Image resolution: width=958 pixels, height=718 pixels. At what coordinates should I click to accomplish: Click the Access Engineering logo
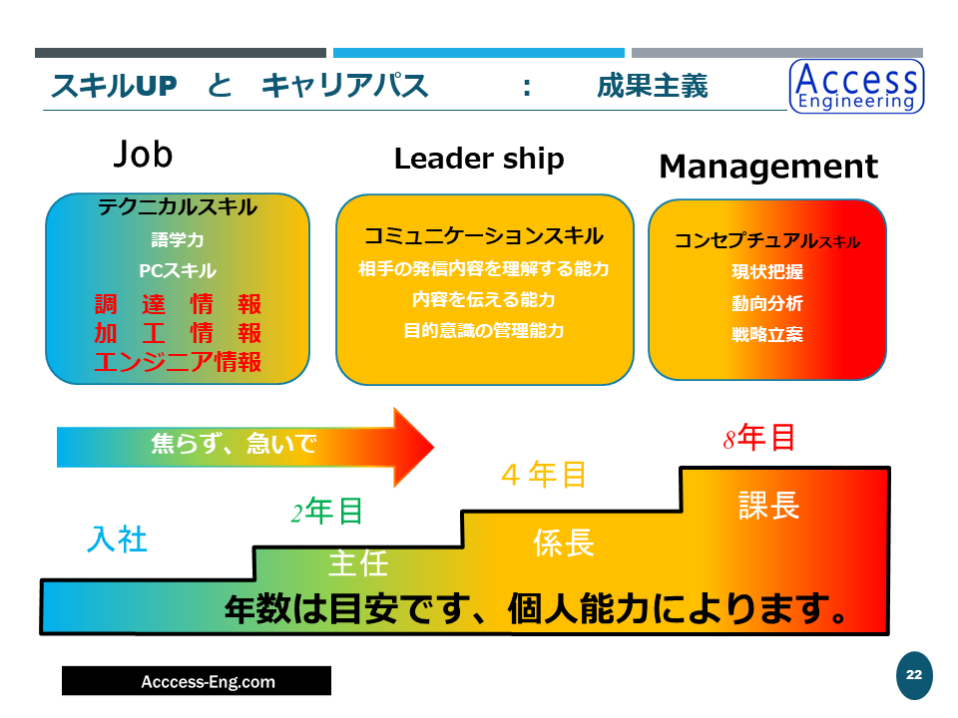click(856, 86)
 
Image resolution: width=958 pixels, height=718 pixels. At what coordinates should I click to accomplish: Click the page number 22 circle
click(913, 676)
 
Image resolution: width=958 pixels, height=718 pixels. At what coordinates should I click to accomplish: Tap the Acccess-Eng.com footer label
click(196, 682)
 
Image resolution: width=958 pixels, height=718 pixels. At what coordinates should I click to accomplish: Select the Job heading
click(143, 154)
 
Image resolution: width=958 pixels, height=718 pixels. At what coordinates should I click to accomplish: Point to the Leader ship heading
click(479, 159)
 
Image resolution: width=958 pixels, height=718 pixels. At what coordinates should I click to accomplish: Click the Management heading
click(768, 167)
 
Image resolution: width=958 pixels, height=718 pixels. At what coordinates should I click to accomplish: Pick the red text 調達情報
click(178, 304)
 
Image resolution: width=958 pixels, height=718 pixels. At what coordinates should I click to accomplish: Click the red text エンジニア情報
click(178, 361)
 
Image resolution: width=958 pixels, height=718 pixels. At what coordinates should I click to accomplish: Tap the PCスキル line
click(178, 271)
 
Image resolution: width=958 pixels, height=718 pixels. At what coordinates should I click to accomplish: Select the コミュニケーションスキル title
click(484, 236)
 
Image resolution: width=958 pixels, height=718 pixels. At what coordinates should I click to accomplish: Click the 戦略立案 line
click(766, 335)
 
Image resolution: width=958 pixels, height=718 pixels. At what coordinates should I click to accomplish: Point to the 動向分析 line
click(766, 304)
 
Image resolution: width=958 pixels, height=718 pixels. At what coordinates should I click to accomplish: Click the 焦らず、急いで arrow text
click(234, 444)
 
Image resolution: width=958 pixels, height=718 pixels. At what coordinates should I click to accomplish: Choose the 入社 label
click(118, 539)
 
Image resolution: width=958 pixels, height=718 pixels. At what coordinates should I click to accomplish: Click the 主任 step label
click(357, 563)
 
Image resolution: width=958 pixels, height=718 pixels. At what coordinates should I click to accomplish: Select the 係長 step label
click(564, 542)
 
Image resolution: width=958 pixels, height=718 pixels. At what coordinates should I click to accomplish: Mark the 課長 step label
click(768, 505)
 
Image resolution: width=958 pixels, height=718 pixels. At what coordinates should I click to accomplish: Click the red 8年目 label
click(759, 438)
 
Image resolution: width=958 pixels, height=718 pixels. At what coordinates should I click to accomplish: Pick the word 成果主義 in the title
click(653, 87)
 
